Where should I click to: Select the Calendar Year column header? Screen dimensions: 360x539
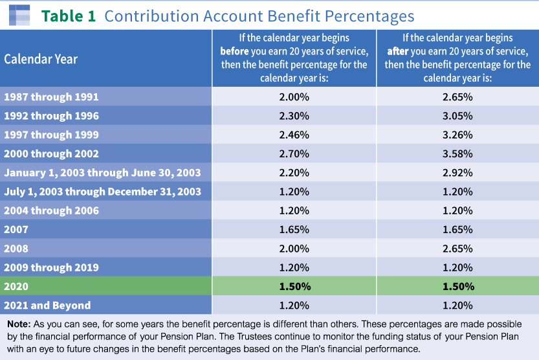coord(41,59)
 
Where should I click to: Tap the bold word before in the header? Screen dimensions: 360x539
coord(234,51)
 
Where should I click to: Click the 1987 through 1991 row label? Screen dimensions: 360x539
coord(51,97)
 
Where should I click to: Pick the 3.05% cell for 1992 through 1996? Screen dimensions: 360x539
coord(457,116)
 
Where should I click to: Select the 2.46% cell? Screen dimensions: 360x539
coord(294,135)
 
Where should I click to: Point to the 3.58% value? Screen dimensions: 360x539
coord(457,153)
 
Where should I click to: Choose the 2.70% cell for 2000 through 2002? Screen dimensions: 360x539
coord(294,153)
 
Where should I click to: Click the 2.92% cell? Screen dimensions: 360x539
coord(457,173)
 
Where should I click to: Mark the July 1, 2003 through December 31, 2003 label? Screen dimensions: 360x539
coord(102,192)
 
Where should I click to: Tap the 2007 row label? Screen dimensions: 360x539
coord(16,229)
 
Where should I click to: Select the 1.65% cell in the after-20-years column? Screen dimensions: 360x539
coord(457,229)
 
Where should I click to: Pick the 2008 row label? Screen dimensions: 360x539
coord(16,248)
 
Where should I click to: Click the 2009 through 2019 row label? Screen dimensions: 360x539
coord(51,267)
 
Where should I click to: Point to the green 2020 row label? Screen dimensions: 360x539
coord(16,286)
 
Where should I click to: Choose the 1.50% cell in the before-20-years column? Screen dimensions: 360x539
coord(294,286)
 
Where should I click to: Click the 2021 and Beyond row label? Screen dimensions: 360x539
coord(47,305)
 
